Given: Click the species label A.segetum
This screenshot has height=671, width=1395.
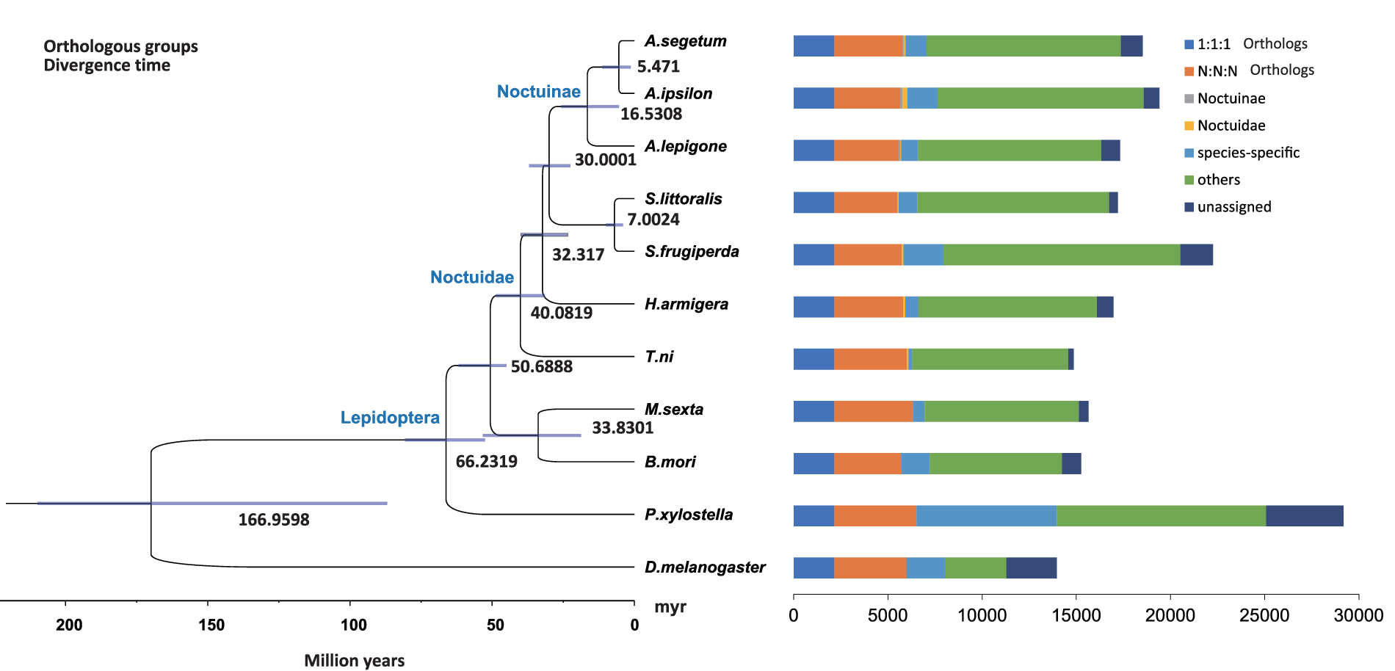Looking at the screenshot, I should point(685,41).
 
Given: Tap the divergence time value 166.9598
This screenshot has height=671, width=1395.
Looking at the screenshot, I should point(273,520).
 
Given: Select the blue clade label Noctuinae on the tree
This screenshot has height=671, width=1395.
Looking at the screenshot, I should point(538,92).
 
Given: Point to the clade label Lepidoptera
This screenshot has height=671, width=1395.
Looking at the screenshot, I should point(390,418).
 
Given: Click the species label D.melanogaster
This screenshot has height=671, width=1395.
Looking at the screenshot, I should point(704,567).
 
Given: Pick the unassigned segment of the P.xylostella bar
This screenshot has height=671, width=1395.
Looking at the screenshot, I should point(1304,516).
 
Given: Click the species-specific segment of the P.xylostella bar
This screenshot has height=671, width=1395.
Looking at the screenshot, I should point(986,516).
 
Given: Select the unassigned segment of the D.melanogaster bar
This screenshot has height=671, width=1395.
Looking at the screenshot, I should point(1031,568).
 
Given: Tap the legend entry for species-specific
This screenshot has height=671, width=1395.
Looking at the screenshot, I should point(1247,153).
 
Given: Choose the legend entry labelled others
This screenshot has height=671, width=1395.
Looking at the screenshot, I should point(1218,180).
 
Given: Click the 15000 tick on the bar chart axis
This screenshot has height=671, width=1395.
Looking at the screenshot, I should point(1076,615).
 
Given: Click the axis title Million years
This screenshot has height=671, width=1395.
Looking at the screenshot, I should point(354,661).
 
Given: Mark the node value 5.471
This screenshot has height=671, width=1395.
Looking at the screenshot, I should point(658,67).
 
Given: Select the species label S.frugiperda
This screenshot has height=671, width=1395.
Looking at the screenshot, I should point(691,252).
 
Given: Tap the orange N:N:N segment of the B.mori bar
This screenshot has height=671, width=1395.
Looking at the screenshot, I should point(867,464).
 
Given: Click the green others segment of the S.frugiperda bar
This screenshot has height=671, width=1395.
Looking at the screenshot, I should point(1061,255).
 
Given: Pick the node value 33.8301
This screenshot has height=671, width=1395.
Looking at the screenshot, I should point(622,428).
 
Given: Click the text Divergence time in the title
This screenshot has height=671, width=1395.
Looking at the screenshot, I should point(106,65).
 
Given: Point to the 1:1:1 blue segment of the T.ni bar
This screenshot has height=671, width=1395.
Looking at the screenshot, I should point(814,360).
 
